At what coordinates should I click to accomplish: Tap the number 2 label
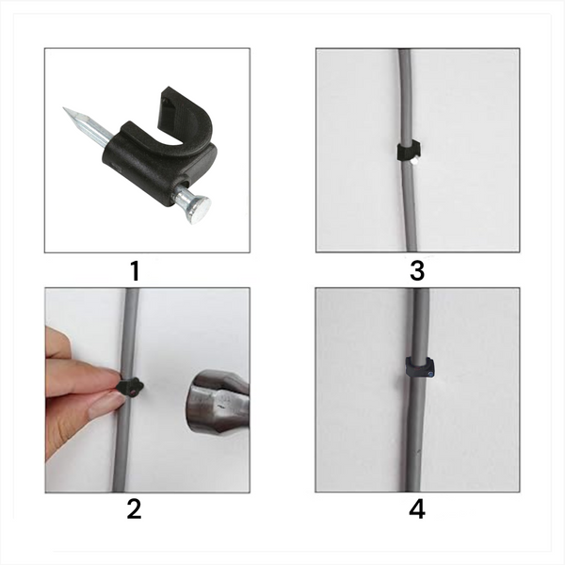point(135,509)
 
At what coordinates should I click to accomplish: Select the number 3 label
point(417,272)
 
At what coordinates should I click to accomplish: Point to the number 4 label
point(417,509)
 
